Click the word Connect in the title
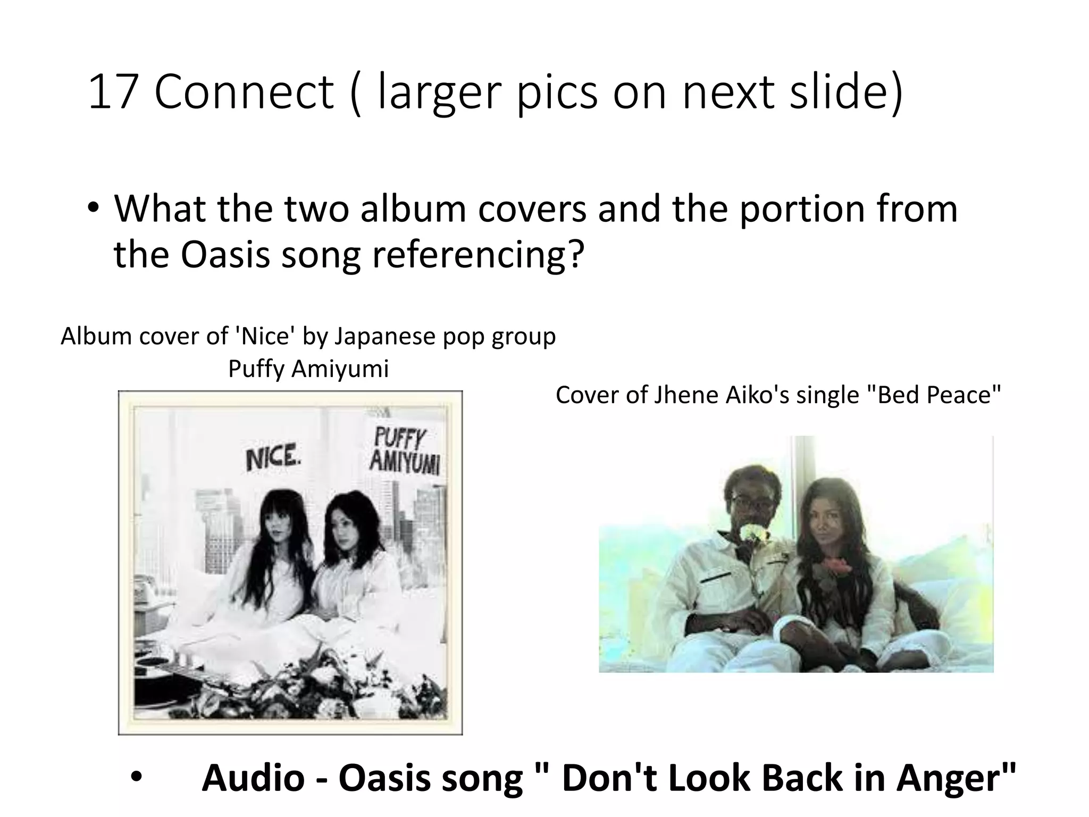click(244, 93)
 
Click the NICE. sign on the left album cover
click(272, 458)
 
